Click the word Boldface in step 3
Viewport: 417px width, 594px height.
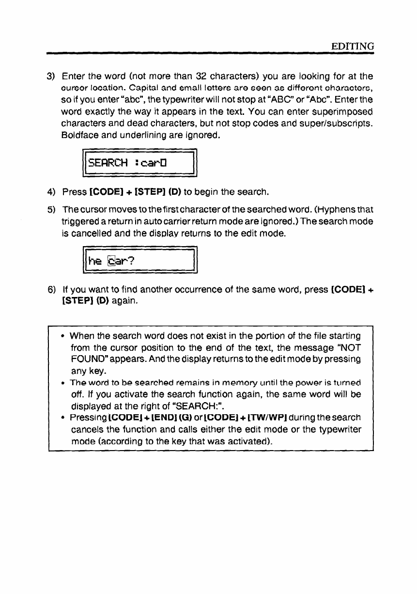click(x=81, y=133)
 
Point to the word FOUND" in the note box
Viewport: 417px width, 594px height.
click(x=89, y=359)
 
